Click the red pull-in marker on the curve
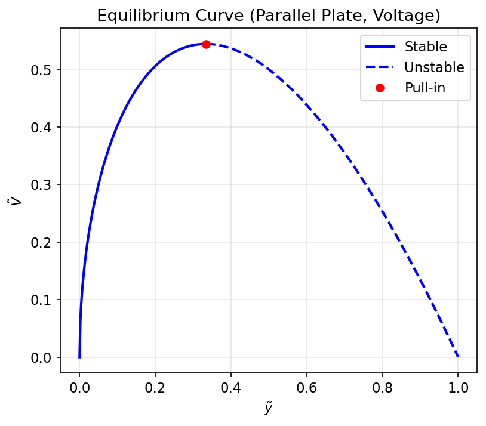click(x=206, y=44)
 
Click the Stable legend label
click(x=425, y=46)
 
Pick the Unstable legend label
click(x=434, y=67)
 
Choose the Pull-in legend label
click(x=425, y=88)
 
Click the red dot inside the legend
click(x=380, y=88)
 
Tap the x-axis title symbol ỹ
click(x=269, y=408)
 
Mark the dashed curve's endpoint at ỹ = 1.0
click(x=458, y=357)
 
